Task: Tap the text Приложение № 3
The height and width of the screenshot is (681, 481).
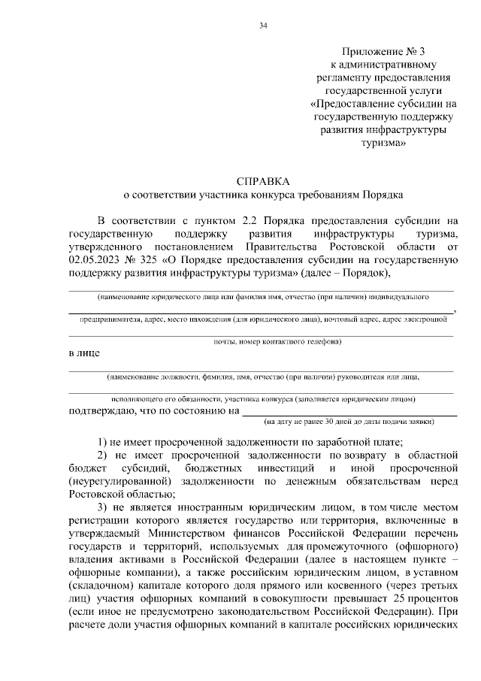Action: (383, 52)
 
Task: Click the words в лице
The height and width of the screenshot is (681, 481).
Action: (83, 353)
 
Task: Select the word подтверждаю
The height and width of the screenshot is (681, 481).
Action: (101, 411)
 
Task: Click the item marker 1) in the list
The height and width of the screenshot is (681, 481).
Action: (105, 441)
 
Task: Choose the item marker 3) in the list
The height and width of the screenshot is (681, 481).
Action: (105, 509)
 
